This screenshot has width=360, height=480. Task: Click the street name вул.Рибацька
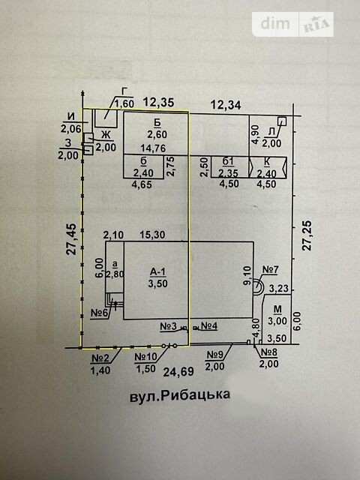(x=180, y=396)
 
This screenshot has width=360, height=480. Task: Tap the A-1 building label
(x=157, y=271)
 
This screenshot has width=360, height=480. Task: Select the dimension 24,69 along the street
(x=178, y=372)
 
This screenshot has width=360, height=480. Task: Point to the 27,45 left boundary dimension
(x=72, y=239)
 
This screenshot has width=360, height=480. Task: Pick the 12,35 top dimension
(x=159, y=102)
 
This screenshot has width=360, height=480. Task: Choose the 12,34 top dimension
(x=226, y=105)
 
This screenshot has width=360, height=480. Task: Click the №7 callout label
(x=271, y=270)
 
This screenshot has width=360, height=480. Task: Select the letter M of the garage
(x=277, y=309)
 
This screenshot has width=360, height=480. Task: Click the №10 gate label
(x=145, y=357)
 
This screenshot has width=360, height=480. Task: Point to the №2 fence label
(x=101, y=358)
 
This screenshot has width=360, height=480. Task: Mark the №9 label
(x=215, y=355)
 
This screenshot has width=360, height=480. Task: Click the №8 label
(x=268, y=352)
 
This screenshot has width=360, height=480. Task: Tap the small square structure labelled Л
(x=282, y=121)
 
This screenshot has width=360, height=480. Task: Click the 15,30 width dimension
(x=152, y=235)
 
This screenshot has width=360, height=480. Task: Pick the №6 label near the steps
(x=100, y=313)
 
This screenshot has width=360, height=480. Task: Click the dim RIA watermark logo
(x=293, y=24)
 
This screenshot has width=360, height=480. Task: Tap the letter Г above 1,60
(x=124, y=91)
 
